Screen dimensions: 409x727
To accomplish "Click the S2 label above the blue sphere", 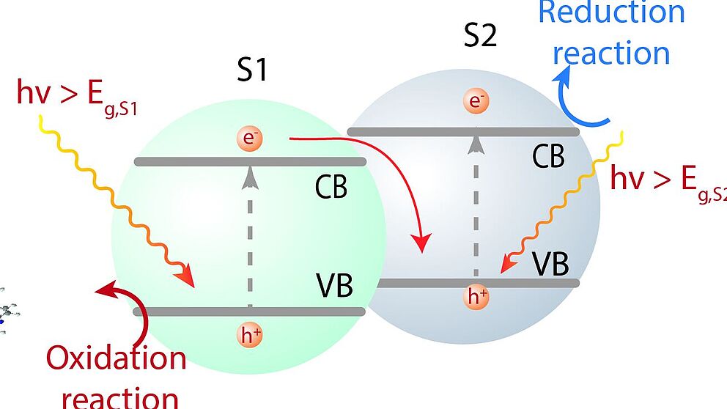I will pos(481,35).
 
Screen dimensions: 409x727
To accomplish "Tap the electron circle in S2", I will pos(476,102).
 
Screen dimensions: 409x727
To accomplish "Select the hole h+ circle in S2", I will pos(477,297).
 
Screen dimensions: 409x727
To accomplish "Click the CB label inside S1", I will pos(331,188).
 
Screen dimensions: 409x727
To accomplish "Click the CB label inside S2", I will pos(548,156).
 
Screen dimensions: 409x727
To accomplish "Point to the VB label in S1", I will pos(334,286).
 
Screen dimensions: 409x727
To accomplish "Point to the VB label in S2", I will pos(550,263).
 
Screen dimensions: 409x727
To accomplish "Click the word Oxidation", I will pos(117,358).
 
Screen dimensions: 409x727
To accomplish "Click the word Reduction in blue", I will pos(611,12).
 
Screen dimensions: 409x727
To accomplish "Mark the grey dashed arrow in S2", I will pos(476,205).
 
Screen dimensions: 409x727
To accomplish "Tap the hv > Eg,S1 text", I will pos(77,100).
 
